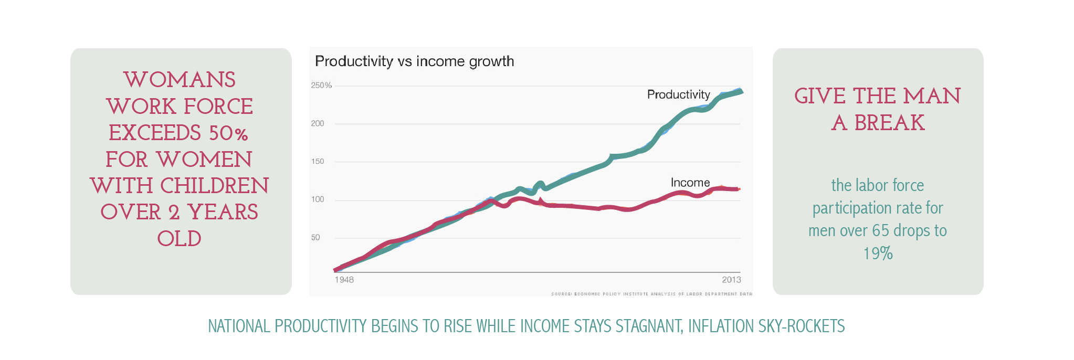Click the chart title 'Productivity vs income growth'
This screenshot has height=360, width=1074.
(x=414, y=61)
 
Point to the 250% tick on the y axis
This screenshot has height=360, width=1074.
(x=321, y=86)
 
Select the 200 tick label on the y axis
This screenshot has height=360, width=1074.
(x=318, y=124)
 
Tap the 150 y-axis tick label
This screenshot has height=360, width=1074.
(x=318, y=162)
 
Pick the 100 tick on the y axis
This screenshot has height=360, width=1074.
(x=318, y=199)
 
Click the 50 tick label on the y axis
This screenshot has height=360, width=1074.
(x=315, y=238)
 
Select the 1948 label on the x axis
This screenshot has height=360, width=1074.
(x=344, y=280)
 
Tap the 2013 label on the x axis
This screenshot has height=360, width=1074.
(x=731, y=280)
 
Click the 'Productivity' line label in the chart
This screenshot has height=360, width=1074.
(x=678, y=94)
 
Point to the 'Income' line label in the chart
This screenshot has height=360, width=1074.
(x=690, y=183)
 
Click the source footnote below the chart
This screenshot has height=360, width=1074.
(x=651, y=294)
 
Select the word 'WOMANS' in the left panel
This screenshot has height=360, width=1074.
(x=180, y=80)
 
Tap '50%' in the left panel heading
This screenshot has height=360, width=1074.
(x=228, y=133)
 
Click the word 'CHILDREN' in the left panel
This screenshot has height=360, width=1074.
(x=214, y=186)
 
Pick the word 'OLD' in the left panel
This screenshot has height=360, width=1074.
(x=180, y=239)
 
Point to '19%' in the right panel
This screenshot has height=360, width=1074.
(x=878, y=253)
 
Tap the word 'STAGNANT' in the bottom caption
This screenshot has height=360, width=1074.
(x=649, y=326)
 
